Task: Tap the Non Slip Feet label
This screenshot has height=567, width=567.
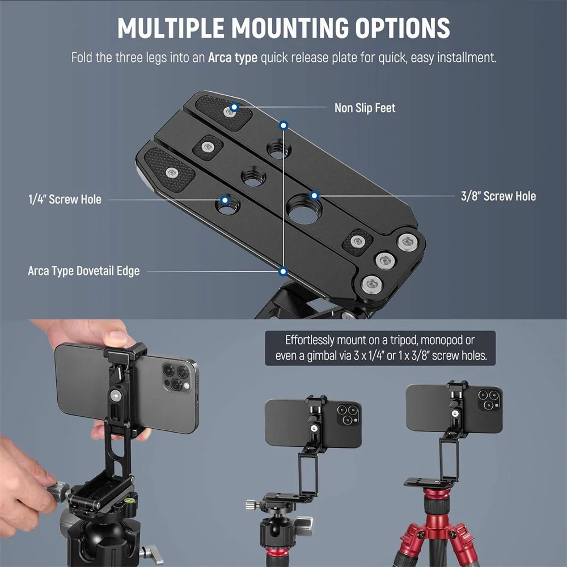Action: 365,107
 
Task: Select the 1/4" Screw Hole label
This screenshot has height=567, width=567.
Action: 65,199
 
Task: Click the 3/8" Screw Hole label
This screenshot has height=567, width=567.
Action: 498,196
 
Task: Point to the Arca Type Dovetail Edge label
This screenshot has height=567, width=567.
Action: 83,271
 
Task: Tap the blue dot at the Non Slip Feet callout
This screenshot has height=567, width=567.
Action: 235,106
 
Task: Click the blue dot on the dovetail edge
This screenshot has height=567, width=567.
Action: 283,272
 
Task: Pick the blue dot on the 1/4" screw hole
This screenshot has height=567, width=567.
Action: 225,200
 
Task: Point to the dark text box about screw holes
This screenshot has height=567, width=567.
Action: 380,348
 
